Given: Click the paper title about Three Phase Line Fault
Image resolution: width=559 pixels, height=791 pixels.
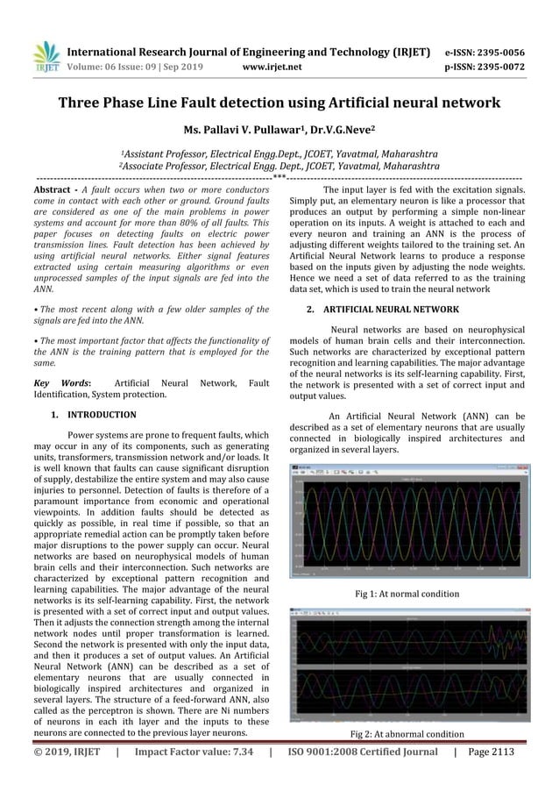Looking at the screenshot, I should click(279, 103).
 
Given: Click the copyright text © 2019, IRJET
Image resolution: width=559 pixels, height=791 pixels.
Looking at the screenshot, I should click(67, 752).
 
